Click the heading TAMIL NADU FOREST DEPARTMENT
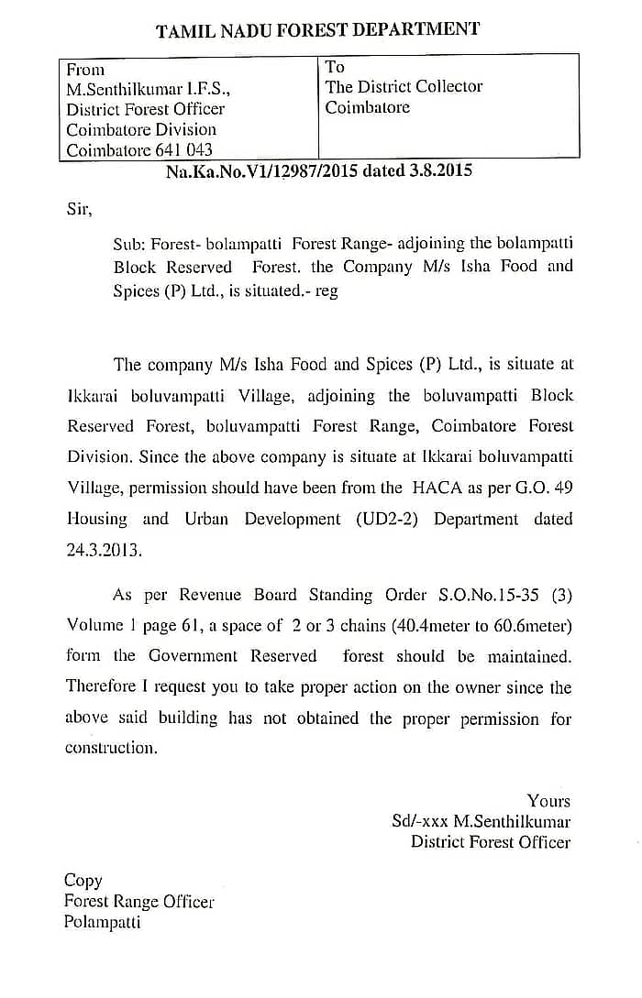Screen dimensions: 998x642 [317, 30]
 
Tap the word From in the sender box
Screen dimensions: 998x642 [85, 70]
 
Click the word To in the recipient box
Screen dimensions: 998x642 [335, 67]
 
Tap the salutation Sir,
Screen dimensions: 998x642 [80, 209]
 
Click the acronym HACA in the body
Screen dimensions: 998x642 [436, 488]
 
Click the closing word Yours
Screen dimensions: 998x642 [548, 801]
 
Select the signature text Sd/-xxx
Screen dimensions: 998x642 [419, 822]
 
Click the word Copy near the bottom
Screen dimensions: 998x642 [83, 881]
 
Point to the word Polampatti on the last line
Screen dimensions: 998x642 [102, 922]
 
